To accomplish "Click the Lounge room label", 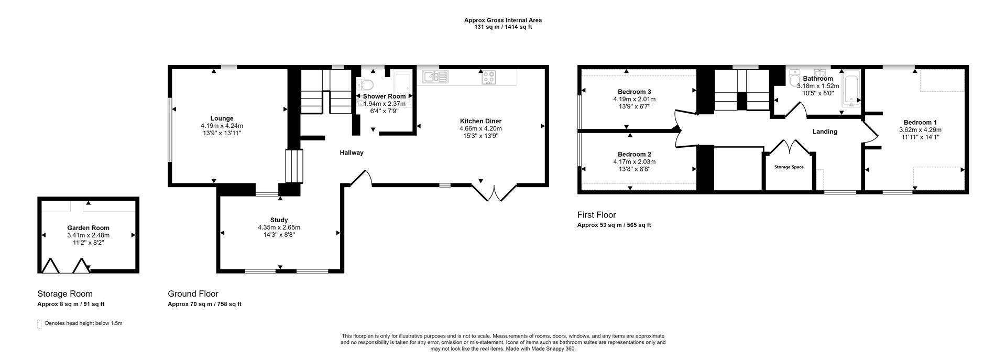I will coord(222,118).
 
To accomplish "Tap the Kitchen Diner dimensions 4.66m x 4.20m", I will coord(480,128).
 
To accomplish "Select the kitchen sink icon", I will coord(434,77).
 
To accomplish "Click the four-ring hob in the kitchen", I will coord(489,77).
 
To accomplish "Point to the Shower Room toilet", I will coord(365,85).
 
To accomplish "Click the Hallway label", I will coord(351,153).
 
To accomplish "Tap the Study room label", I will coord(279,220).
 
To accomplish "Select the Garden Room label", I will coord(88,228).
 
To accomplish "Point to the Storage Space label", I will coord(789,167).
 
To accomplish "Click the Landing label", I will coord(825,132).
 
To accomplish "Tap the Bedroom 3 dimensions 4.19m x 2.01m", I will coord(634,99).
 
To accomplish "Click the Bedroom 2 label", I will coord(634,155).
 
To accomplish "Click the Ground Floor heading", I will coord(193,294).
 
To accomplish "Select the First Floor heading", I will coord(596,215).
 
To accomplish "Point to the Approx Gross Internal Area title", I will coord(502,20).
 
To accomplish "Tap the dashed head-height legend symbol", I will coord(39,324).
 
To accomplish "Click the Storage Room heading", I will coord(64,294).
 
